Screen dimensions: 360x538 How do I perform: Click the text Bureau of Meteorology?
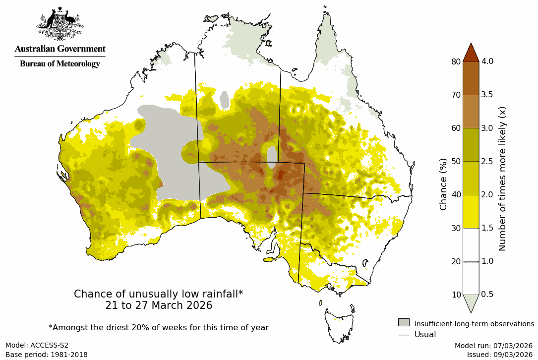tap(60, 64)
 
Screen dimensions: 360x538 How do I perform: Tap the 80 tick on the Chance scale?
tap(456, 61)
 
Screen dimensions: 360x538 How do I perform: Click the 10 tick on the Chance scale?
tap(456, 295)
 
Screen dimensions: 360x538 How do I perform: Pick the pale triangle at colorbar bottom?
tap(471, 302)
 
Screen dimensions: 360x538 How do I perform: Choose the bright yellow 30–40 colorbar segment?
tap(471, 211)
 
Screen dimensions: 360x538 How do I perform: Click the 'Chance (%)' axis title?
tap(443, 184)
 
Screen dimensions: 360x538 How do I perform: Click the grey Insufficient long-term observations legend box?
tap(404, 323)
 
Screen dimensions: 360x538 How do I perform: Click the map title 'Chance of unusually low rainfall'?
tap(158, 294)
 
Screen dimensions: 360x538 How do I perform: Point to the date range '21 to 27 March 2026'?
tap(158, 305)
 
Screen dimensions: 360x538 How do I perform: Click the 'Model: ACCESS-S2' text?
tap(37, 346)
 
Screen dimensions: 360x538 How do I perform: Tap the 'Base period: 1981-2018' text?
tap(46, 355)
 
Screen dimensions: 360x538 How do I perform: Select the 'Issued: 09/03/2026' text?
tap(499, 355)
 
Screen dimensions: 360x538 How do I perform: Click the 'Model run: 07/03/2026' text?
tap(493, 346)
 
